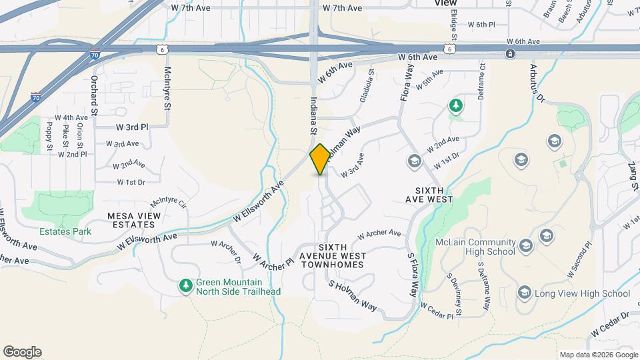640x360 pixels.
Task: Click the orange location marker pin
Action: pos(320,159)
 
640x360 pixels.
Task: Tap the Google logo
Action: pos(22,352)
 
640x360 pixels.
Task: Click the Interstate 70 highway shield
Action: pos(35,97)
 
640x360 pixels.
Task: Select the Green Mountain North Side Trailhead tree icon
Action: pos(185,285)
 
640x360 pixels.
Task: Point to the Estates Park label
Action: pos(65,231)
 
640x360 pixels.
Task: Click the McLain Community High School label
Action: pos(475,247)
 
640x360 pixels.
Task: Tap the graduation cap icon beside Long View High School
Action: pos(525,293)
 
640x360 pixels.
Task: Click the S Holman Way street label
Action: pos(353,295)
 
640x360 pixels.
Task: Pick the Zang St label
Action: pos(633,177)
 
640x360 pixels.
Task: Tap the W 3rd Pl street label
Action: pos(132,127)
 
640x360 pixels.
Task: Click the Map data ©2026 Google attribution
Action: pos(598,355)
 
